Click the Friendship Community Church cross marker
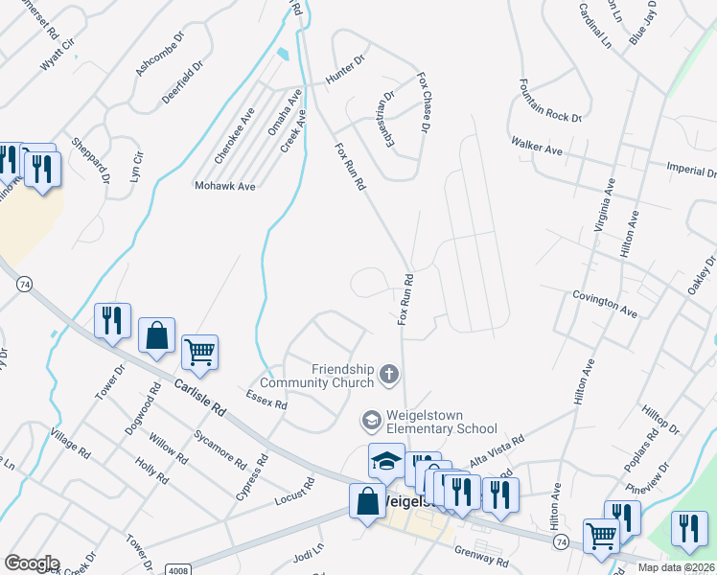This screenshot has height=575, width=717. [389, 373]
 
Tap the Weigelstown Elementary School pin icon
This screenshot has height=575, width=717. [370, 420]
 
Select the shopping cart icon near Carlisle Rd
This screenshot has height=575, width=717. [200, 353]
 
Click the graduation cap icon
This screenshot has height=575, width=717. [387, 461]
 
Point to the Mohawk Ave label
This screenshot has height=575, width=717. [224, 186]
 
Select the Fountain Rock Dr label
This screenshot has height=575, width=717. [550, 101]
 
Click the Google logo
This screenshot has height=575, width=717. [32, 563]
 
